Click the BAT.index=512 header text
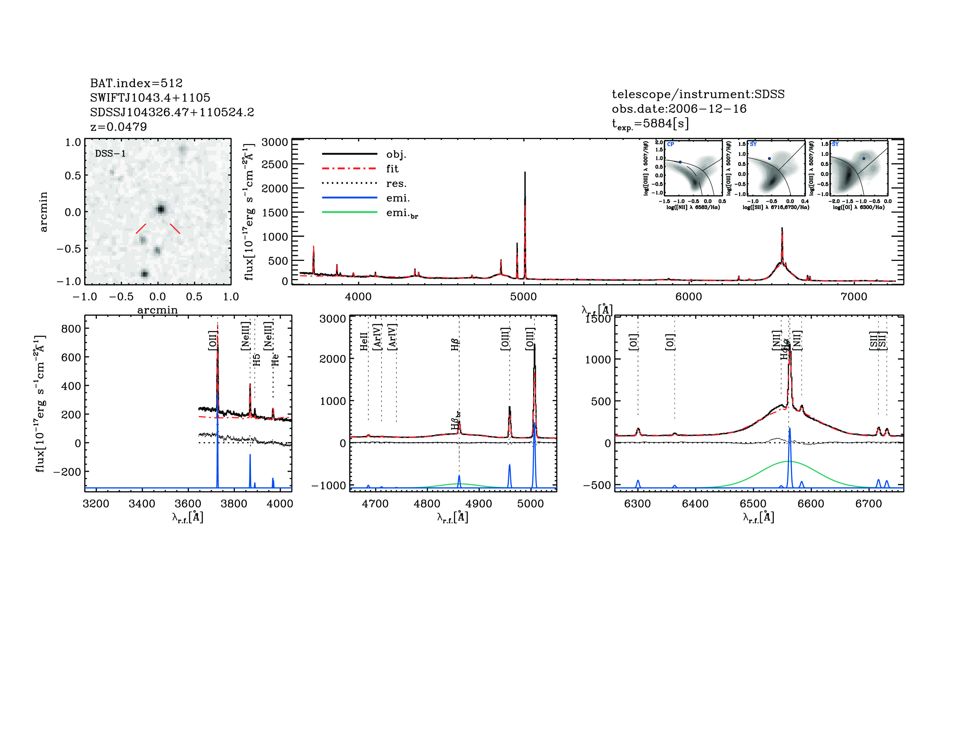[136, 83]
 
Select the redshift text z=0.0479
[118, 127]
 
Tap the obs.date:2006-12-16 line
[679, 109]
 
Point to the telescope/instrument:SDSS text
[698, 94]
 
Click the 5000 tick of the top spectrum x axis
[523, 297]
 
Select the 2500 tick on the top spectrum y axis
[275, 164]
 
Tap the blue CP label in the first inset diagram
[670, 144]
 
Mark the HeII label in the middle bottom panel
[364, 342]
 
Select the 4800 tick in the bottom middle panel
[427, 504]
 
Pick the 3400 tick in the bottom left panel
[142, 504]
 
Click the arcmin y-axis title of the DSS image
[43, 212]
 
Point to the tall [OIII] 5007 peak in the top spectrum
[525, 173]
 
